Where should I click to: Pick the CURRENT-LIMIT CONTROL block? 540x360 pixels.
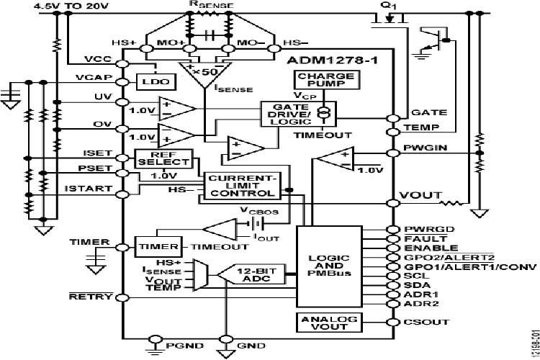coord(240,185)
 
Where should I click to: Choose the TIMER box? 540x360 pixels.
coord(153,246)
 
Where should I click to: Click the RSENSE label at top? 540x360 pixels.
coord(208,4)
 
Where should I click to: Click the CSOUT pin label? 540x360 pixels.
coord(423,323)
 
